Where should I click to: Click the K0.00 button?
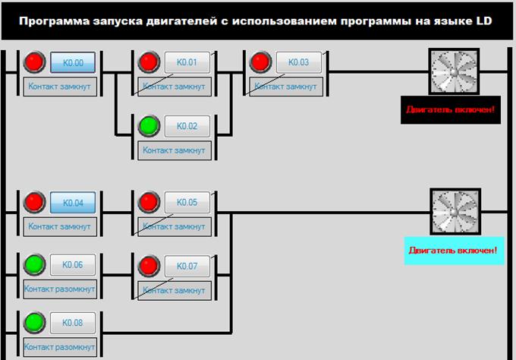(x=73, y=63)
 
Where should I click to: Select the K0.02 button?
(x=187, y=126)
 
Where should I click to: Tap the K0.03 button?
(x=299, y=63)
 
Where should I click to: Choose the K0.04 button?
(x=73, y=203)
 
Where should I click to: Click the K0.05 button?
(x=187, y=203)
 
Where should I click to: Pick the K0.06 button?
(x=73, y=265)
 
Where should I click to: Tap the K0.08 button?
(x=73, y=323)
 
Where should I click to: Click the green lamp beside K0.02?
(x=149, y=126)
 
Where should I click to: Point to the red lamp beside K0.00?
(x=34, y=63)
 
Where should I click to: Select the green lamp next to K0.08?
(x=34, y=323)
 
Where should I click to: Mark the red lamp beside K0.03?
(x=261, y=63)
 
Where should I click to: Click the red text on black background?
(x=451, y=110)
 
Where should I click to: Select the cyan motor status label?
(x=453, y=249)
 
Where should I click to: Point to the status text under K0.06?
(x=60, y=289)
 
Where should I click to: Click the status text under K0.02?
(x=174, y=150)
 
